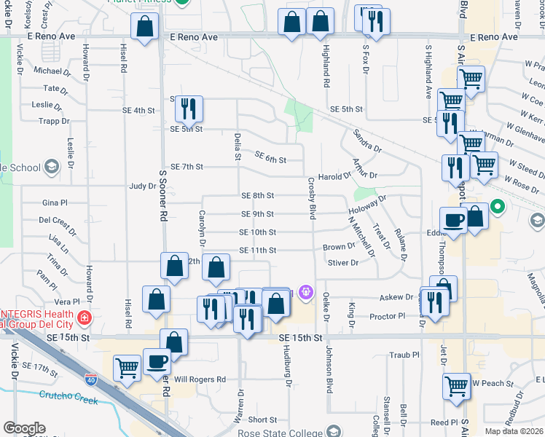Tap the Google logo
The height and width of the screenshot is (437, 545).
pyautogui.click(x=24, y=428)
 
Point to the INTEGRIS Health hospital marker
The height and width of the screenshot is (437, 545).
pyautogui.click(x=85, y=318)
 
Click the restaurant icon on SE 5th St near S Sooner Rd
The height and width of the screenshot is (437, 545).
pyautogui.click(x=189, y=109)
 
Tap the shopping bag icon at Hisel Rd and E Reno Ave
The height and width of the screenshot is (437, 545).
pyautogui.click(x=145, y=27)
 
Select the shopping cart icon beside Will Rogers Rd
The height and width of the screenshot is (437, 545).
pyautogui.click(x=128, y=368)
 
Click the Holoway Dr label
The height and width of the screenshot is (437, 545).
pyautogui.click(x=366, y=208)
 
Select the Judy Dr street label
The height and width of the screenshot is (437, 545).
pyautogui.click(x=142, y=186)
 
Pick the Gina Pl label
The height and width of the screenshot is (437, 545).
pyautogui.click(x=55, y=202)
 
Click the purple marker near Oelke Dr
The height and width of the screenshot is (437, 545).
pyautogui.click(x=306, y=293)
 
